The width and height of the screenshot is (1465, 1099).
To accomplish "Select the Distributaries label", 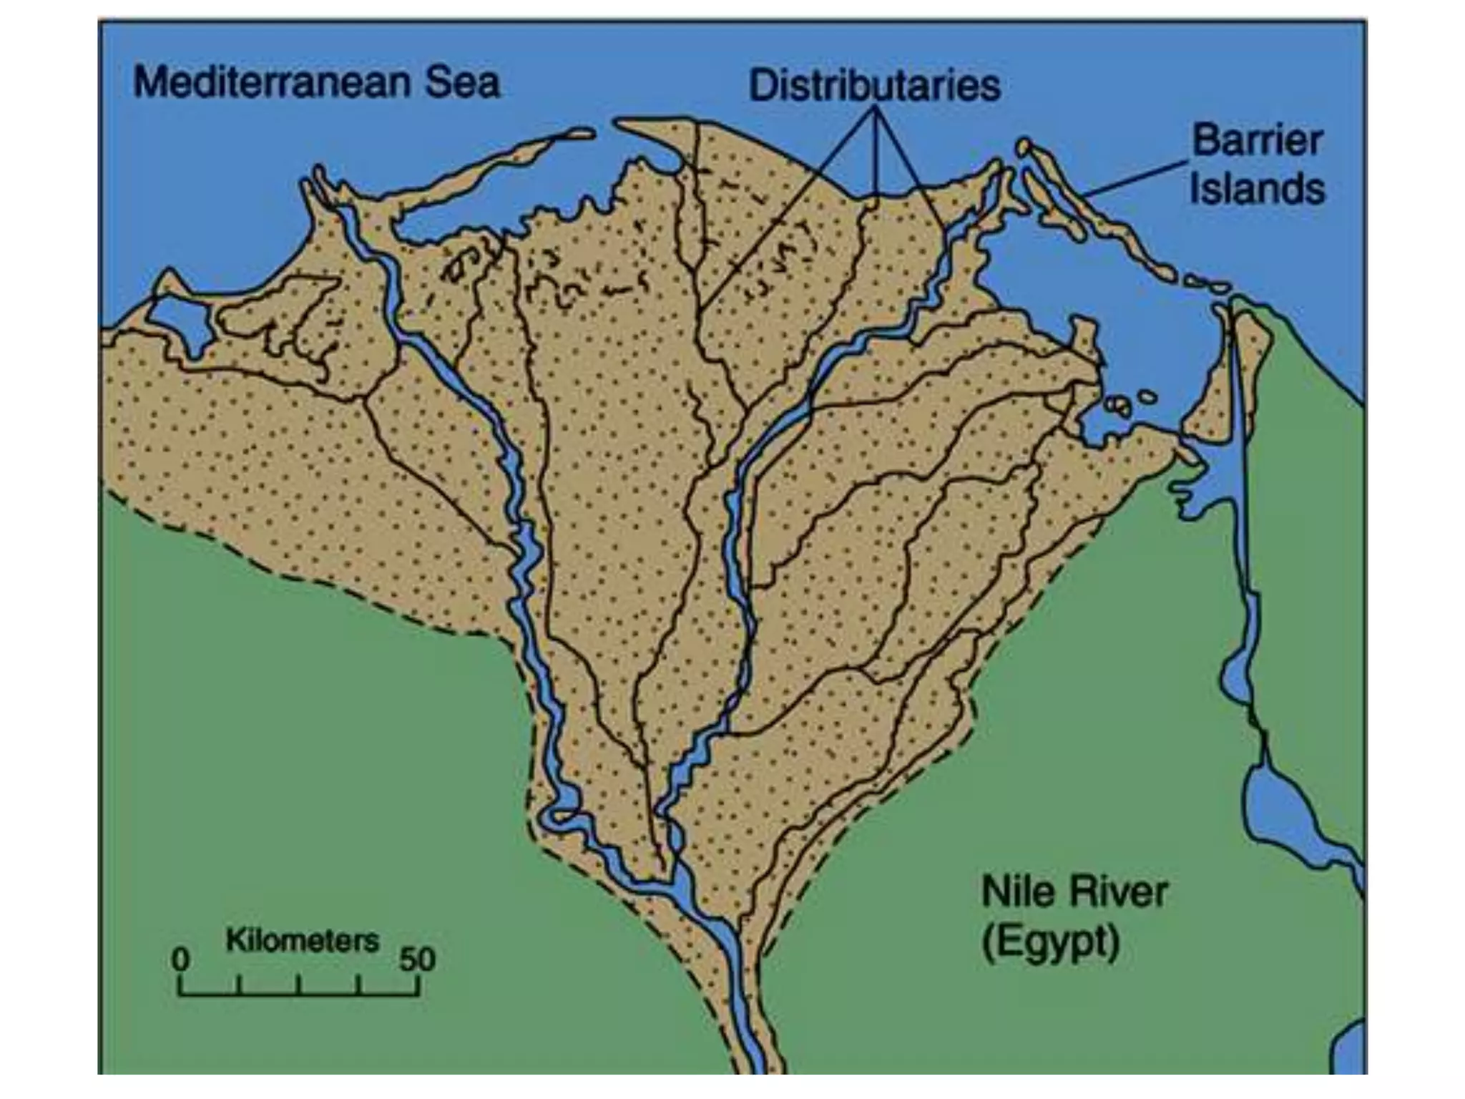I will [x=874, y=86].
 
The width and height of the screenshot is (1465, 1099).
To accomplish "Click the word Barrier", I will [x=1257, y=140].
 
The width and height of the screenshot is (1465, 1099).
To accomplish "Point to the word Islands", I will [x=1257, y=190].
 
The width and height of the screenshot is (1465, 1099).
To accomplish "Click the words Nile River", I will [x=1074, y=892].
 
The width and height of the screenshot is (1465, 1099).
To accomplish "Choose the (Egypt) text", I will [x=1050, y=942].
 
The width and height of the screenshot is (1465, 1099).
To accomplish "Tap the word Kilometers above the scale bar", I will [x=302, y=940].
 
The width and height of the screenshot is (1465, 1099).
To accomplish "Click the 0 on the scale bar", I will [x=181, y=959].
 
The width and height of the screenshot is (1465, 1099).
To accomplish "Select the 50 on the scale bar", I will [x=417, y=959].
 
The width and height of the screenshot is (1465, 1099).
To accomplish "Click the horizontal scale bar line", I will [x=299, y=994].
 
